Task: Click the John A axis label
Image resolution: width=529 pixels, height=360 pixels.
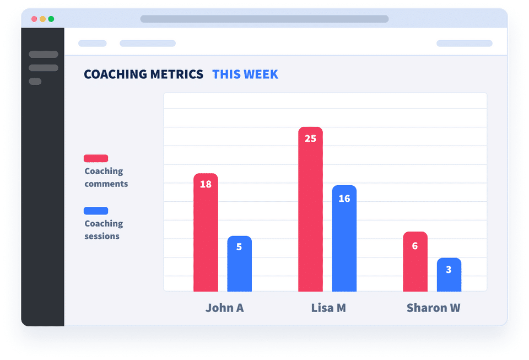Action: pyautogui.click(x=224, y=308)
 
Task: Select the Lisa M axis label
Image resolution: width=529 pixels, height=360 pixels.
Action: pyautogui.click(x=328, y=308)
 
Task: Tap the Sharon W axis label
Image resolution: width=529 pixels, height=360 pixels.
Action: pyautogui.click(x=433, y=308)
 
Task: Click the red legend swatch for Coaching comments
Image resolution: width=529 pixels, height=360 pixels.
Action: pyautogui.click(x=96, y=158)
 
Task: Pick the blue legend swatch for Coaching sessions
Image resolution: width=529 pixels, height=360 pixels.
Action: pyautogui.click(x=96, y=211)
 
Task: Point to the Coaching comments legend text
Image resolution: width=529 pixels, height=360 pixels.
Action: pyautogui.click(x=106, y=178)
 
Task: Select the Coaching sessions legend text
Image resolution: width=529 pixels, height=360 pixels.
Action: pyautogui.click(x=104, y=230)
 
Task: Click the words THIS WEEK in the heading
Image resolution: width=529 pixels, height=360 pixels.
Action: pyautogui.click(x=245, y=74)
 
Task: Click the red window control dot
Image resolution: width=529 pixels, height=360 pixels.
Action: pyautogui.click(x=34, y=19)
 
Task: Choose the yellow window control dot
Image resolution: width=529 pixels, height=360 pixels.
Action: pyautogui.click(x=42, y=19)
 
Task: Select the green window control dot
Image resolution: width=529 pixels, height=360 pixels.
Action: pyautogui.click(x=51, y=19)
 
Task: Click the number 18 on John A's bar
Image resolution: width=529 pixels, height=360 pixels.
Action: pyautogui.click(x=206, y=184)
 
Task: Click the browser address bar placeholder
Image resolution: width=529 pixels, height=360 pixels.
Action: pyautogui.click(x=264, y=19)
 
